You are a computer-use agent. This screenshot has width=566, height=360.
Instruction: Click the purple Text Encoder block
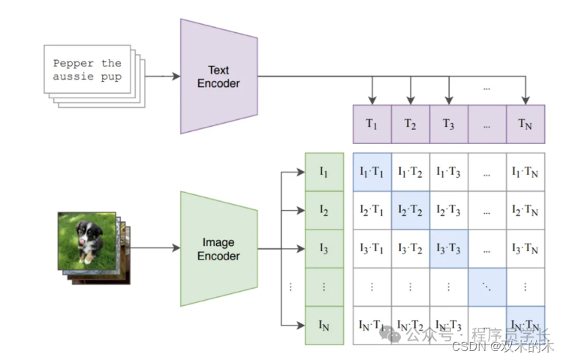(x=218, y=76)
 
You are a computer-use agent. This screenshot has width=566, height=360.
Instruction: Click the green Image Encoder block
(x=218, y=249)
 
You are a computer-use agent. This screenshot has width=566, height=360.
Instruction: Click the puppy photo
(x=88, y=240)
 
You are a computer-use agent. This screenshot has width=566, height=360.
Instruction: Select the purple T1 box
(x=372, y=124)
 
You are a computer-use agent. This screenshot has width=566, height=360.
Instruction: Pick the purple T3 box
(x=449, y=124)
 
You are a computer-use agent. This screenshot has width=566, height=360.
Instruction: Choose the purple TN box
(x=525, y=124)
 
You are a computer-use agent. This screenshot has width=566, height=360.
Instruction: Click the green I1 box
(x=324, y=172)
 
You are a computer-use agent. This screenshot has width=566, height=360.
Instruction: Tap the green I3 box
(x=324, y=248)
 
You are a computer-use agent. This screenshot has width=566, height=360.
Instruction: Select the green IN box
(x=324, y=325)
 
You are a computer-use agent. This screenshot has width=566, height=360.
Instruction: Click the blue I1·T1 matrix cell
(x=372, y=172)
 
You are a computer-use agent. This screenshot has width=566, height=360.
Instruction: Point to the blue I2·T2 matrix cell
(x=411, y=211)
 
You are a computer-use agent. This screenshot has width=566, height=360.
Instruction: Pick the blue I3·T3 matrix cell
(x=449, y=248)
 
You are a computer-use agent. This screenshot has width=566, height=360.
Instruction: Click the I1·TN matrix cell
(x=525, y=172)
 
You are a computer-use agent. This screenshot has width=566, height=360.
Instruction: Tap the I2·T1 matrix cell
(x=372, y=211)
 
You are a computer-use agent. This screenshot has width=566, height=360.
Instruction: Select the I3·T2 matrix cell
(x=411, y=248)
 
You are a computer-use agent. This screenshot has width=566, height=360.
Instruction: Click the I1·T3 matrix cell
(x=449, y=172)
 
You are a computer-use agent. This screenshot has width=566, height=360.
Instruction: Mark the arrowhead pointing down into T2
(x=411, y=100)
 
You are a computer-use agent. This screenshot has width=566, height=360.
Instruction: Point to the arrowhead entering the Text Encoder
(x=176, y=76)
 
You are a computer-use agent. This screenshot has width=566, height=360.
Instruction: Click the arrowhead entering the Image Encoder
(x=176, y=248)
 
